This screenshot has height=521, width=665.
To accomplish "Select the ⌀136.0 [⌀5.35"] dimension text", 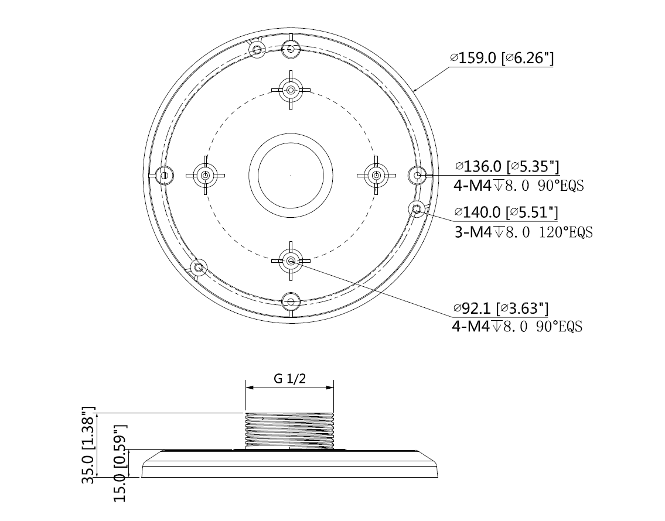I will point(507,167).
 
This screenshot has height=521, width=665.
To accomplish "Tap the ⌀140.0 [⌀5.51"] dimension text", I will point(506,211).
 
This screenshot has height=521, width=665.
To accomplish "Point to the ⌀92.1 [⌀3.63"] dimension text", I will point(500,308).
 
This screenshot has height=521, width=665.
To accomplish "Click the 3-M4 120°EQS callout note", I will point(523,232).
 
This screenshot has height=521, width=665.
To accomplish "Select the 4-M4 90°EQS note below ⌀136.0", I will point(519,186).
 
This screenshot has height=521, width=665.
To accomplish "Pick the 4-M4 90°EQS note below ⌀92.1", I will point(517,327).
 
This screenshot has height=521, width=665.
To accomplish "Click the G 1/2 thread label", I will point(289,378).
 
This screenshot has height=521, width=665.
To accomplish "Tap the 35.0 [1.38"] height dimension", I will point(88,445).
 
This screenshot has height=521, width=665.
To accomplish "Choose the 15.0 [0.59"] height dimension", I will point(121,463).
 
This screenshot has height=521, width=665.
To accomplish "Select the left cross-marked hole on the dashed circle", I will point(205,175).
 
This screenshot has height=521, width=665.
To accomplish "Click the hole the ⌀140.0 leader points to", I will point(416,209).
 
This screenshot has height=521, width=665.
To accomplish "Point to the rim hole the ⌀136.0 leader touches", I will point(417,175).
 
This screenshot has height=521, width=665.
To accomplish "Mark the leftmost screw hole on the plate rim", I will point(165,175).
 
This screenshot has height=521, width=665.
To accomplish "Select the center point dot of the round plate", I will point(291,175).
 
